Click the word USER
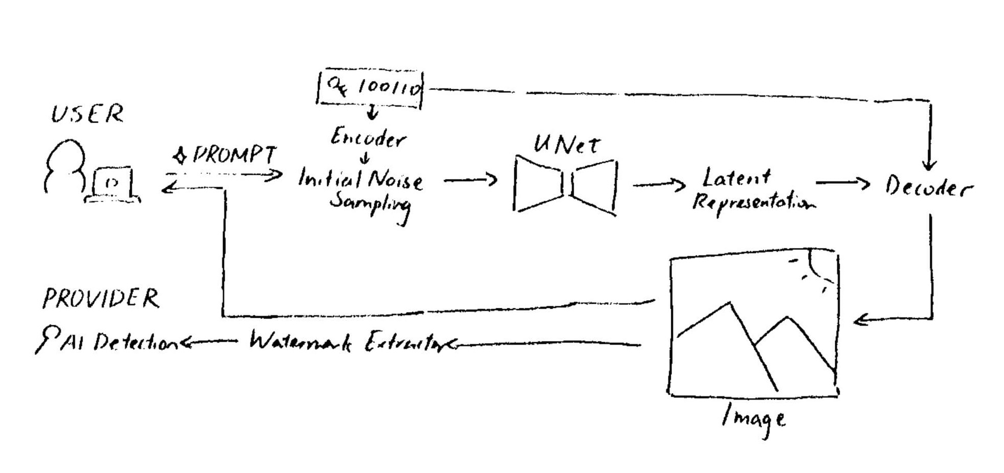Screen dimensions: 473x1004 tap(87, 114)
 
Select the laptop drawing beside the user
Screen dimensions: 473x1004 tap(113, 185)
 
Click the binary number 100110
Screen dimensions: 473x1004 tap(390, 88)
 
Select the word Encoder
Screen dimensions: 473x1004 tap(368, 138)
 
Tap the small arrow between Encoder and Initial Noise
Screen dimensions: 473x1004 tap(365, 158)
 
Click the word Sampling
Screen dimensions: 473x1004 tap(370, 203)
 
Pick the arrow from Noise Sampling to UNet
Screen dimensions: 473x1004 tap(470, 180)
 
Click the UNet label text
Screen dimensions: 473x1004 tap(566, 144)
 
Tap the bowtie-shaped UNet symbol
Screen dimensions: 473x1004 tap(565, 185)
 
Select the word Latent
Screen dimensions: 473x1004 tap(736, 178)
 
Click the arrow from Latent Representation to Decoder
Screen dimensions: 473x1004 tap(842, 183)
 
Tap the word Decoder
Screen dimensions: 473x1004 tap(928, 187)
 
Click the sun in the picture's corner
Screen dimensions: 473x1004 tap(818, 267)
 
